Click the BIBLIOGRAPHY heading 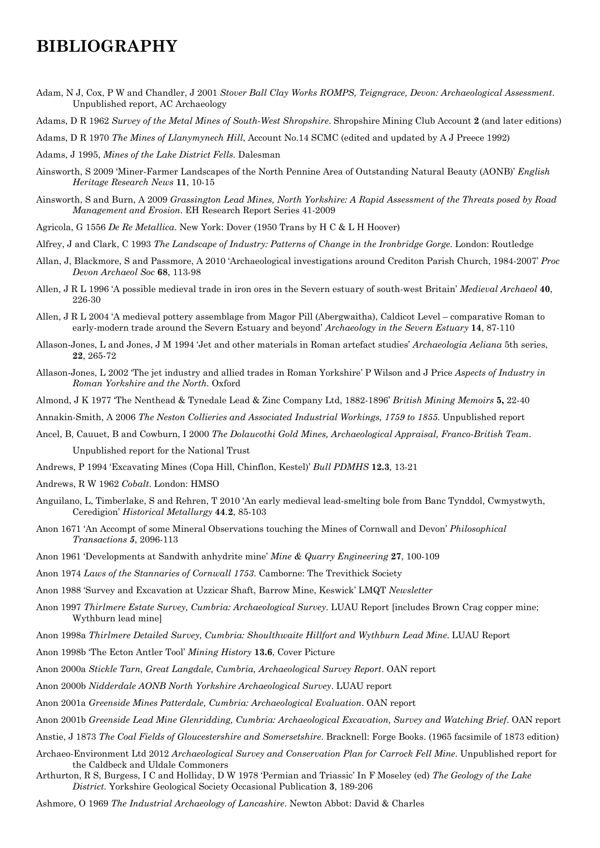(107, 46)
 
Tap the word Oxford (226, 383)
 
